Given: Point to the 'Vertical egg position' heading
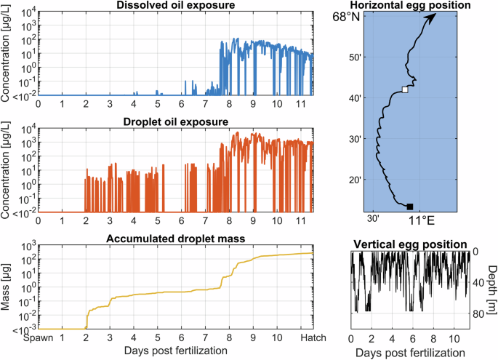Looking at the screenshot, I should click(410, 244).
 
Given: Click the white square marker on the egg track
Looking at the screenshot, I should click(405, 90).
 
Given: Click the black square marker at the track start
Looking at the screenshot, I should click(410, 207).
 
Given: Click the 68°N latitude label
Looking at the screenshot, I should click(346, 16).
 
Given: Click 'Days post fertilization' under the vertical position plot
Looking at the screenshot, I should click(410, 352).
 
